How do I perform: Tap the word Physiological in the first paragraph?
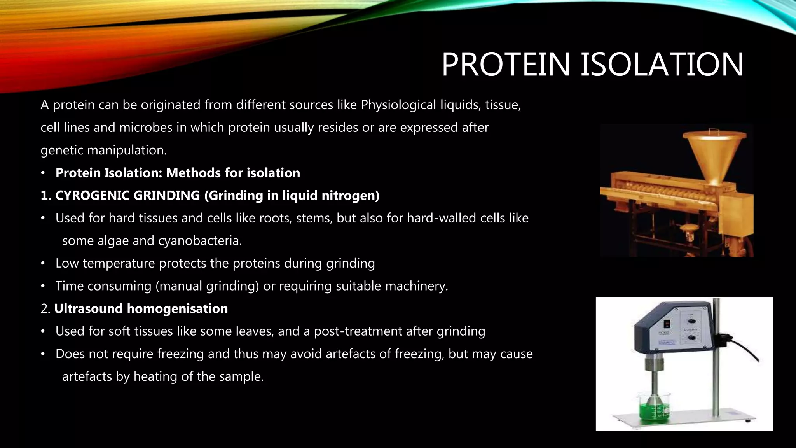398,105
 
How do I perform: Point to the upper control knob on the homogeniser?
691,321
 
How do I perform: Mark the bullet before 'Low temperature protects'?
44,264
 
